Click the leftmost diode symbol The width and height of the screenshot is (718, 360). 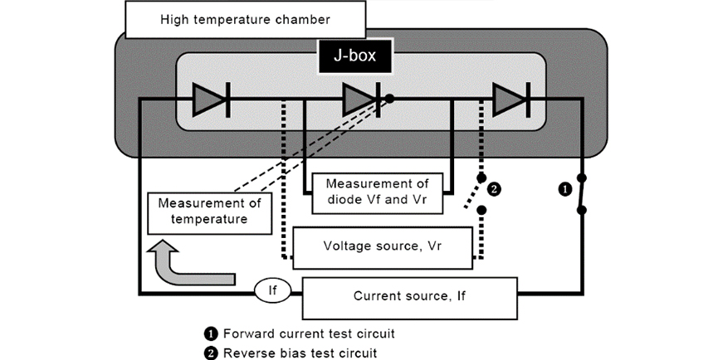[x=210, y=100]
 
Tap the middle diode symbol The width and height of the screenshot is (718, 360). [x=362, y=100]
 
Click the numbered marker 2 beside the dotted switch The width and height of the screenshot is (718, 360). [x=496, y=189]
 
